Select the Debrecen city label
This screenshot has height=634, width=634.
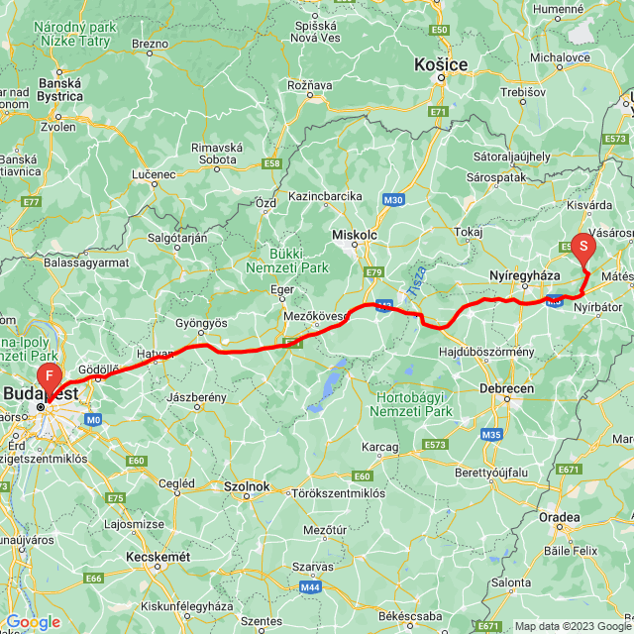507,387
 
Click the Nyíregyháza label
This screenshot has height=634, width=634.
525,273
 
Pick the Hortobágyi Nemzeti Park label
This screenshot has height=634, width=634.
414,404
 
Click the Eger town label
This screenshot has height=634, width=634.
283,289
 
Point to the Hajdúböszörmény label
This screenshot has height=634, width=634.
486,351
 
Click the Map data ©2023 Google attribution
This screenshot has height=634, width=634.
572,626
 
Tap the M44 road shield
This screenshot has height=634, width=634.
310,587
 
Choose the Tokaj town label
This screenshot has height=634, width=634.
469,232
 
